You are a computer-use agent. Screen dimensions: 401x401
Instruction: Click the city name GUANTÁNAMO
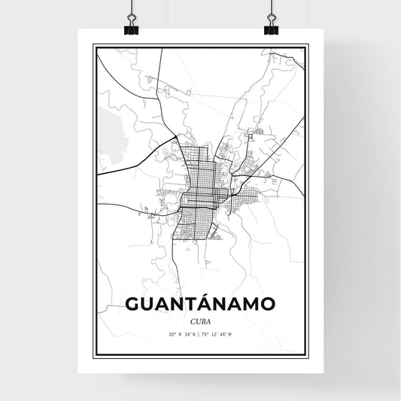tap(200, 303)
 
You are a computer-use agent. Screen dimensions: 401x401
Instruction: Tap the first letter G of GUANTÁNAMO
tap(133, 304)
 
